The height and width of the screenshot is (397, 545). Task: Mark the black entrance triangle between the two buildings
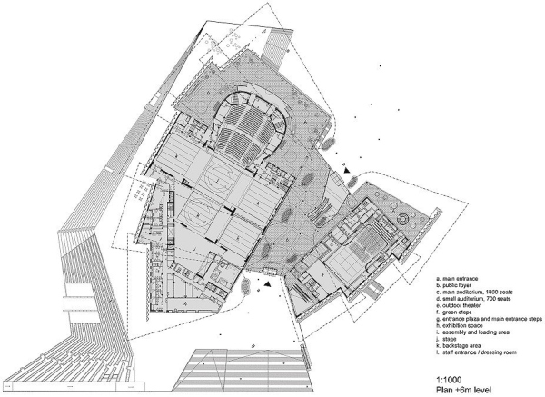coord(346,170)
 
